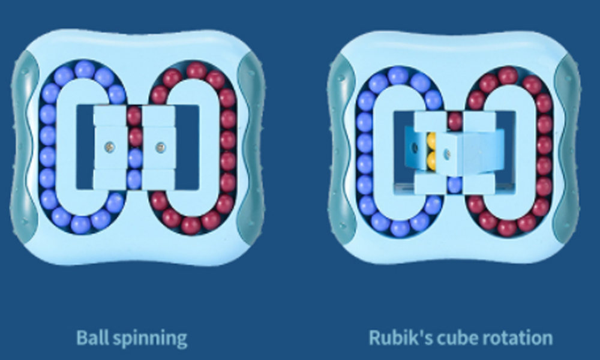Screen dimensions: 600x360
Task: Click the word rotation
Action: [x=517, y=338]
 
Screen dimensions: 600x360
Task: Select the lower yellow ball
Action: [x=431, y=160]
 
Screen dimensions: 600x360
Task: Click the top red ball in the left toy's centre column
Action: [x=134, y=115]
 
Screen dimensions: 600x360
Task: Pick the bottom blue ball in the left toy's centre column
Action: [x=134, y=178]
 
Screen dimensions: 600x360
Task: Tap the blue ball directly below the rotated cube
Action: [x=455, y=184]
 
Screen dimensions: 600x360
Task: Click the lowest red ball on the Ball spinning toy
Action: [x=191, y=225]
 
